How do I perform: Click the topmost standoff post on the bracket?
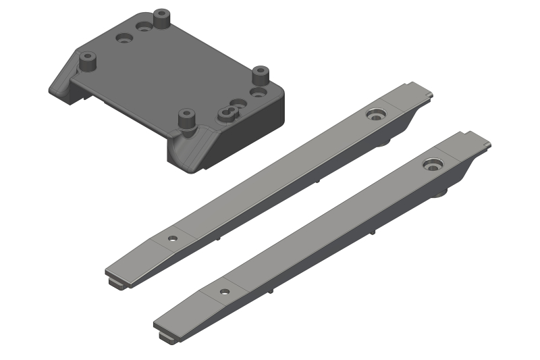click(x=161, y=18)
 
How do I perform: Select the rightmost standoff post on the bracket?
click(x=261, y=74)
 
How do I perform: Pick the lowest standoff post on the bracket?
click(x=186, y=120)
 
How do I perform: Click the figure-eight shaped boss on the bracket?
click(x=229, y=111)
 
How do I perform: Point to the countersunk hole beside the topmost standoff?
click(x=144, y=28)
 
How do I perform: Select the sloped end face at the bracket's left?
click(x=62, y=80)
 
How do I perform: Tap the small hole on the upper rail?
click(x=172, y=238)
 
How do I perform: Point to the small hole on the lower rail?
click(x=224, y=292)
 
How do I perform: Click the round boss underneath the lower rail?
click(x=442, y=194)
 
